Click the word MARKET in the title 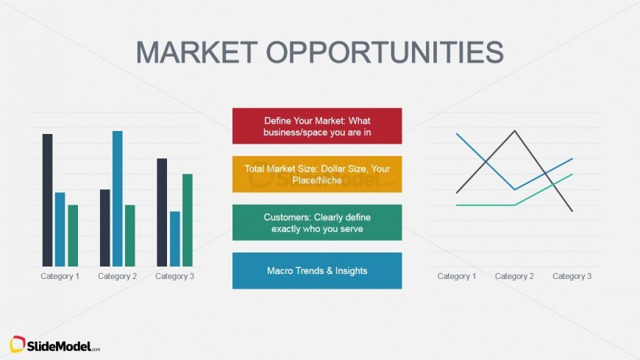196,52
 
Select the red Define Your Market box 317,126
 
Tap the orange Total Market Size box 317,174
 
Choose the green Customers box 317,222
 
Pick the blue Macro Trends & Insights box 317,270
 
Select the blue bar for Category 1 60,229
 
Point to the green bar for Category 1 73,236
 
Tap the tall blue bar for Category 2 117,199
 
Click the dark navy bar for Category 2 104,228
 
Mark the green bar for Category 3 188,220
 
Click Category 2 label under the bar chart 118,276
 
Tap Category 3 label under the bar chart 175,276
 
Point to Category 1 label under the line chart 457,276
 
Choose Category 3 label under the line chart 572,276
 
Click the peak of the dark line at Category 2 514,131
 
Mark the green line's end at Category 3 572,174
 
